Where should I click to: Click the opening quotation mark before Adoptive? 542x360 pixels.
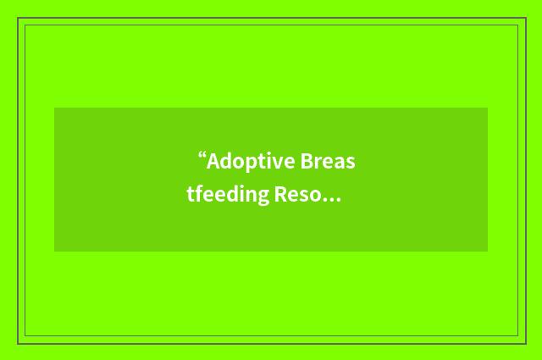pos(202,156)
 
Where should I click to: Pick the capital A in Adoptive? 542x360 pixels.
pos(213,161)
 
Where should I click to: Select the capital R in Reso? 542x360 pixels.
pos(279,196)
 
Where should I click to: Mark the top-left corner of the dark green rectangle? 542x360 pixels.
pos(54,108)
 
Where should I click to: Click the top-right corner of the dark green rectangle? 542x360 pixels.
pos(488,108)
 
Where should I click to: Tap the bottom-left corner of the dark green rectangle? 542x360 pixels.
pos(54,252)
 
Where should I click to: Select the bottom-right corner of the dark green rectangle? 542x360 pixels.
pos(488,252)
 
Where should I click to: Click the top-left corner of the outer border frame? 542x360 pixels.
pos(18,18)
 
